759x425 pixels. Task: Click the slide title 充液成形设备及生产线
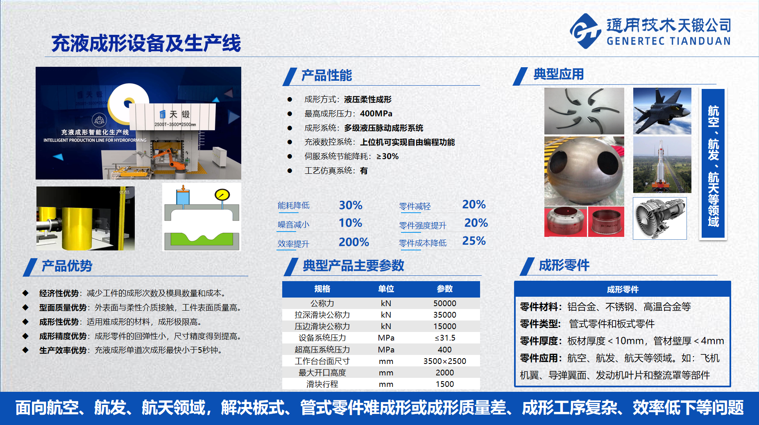[146, 43]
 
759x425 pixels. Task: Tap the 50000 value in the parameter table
[444, 303]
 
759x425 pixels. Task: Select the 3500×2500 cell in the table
[444, 361]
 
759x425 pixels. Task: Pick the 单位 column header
[386, 289]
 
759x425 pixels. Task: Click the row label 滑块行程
[322, 384]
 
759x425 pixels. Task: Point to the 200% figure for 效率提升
[354, 242]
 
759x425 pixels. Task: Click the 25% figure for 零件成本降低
[474, 241]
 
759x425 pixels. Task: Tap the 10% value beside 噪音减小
[350, 223]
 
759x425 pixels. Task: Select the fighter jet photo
[662, 111]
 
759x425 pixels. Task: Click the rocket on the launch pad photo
[662, 165]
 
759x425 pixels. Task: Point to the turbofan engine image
[659, 218]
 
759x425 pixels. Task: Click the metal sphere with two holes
[584, 171]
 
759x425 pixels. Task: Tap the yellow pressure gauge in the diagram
[222, 194]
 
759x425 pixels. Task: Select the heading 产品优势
[67, 266]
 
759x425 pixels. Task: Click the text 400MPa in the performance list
[376, 114]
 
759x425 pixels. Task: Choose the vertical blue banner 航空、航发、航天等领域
[713, 164]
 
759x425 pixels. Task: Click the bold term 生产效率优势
[63, 350]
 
